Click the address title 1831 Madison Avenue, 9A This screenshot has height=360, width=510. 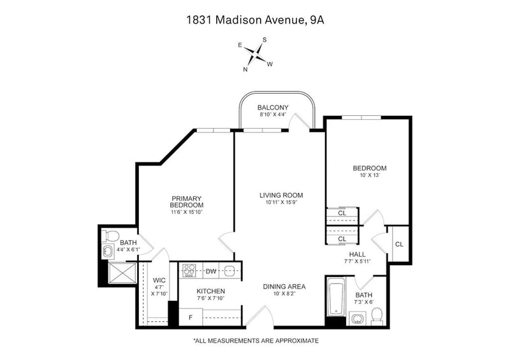(x=256, y=20)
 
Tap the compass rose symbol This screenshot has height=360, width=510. (x=258, y=54)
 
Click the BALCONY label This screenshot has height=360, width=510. (x=273, y=107)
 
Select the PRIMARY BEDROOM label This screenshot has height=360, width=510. (x=187, y=201)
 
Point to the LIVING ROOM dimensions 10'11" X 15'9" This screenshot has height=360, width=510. (x=281, y=202)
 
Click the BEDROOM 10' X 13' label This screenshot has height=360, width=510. (x=370, y=171)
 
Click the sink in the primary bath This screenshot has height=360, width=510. (x=108, y=251)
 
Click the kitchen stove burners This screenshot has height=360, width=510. (x=189, y=271)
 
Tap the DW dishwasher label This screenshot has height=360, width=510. (x=211, y=271)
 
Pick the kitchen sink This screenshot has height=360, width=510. (x=229, y=270)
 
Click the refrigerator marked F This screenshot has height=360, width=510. (x=191, y=317)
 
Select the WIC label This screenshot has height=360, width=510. (x=159, y=280)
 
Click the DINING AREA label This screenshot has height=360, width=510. (x=284, y=287)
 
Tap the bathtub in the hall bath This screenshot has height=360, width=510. (x=336, y=297)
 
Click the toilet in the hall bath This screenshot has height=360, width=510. (x=377, y=317)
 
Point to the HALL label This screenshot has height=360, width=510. (x=357, y=254)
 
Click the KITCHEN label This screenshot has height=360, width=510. (x=211, y=291)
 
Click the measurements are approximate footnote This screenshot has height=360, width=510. (x=256, y=341)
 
